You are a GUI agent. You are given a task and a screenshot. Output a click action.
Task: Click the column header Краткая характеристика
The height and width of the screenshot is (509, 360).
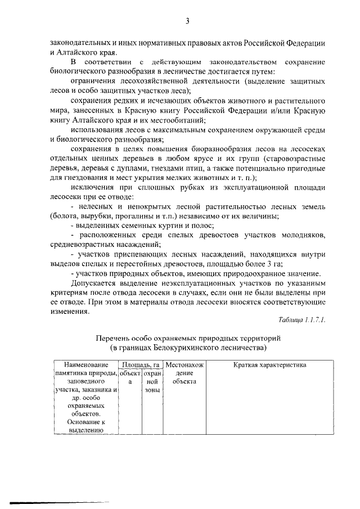262,366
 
